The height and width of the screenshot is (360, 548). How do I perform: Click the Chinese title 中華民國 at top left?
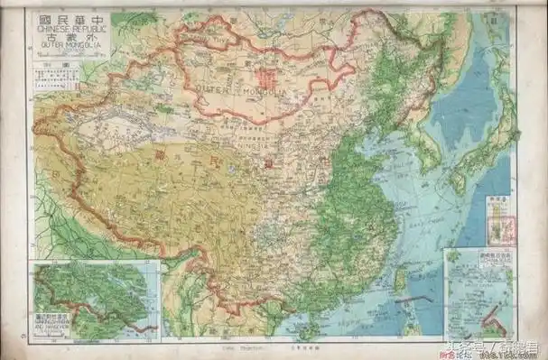[67, 19]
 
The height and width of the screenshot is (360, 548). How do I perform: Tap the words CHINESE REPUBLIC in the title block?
[67, 30]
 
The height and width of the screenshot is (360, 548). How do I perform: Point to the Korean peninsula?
[420, 149]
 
